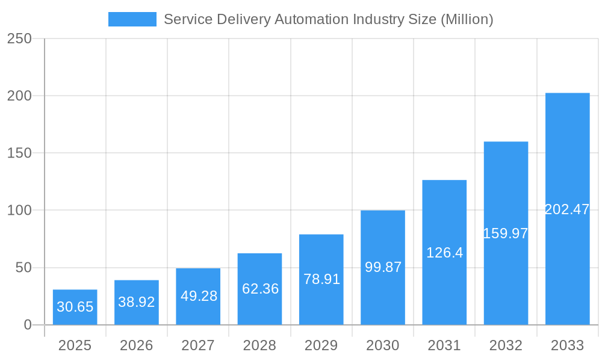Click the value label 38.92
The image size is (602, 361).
pyautogui.click(x=137, y=302)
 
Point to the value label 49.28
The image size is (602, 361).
pyautogui.click(x=198, y=296)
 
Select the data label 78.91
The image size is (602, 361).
pyautogui.click(x=321, y=279)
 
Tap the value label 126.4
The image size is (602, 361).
pyautogui.click(x=444, y=253)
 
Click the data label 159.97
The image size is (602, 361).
pyautogui.click(x=506, y=233)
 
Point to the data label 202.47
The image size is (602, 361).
pyautogui.click(x=567, y=209)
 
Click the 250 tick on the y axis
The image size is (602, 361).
pyautogui.click(x=19, y=39)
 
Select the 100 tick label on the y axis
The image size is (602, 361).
pyautogui.click(x=19, y=211)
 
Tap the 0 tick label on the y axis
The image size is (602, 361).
pyautogui.click(x=28, y=325)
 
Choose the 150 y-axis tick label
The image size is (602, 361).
pyautogui.click(x=19, y=153)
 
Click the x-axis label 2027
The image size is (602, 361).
pyautogui.click(x=198, y=345)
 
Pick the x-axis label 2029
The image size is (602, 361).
pyautogui.click(x=321, y=345)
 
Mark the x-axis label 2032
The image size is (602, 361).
pyautogui.click(x=506, y=345)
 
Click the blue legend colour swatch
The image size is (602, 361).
pyautogui.click(x=132, y=19)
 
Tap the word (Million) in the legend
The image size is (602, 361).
pyautogui.click(x=467, y=19)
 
